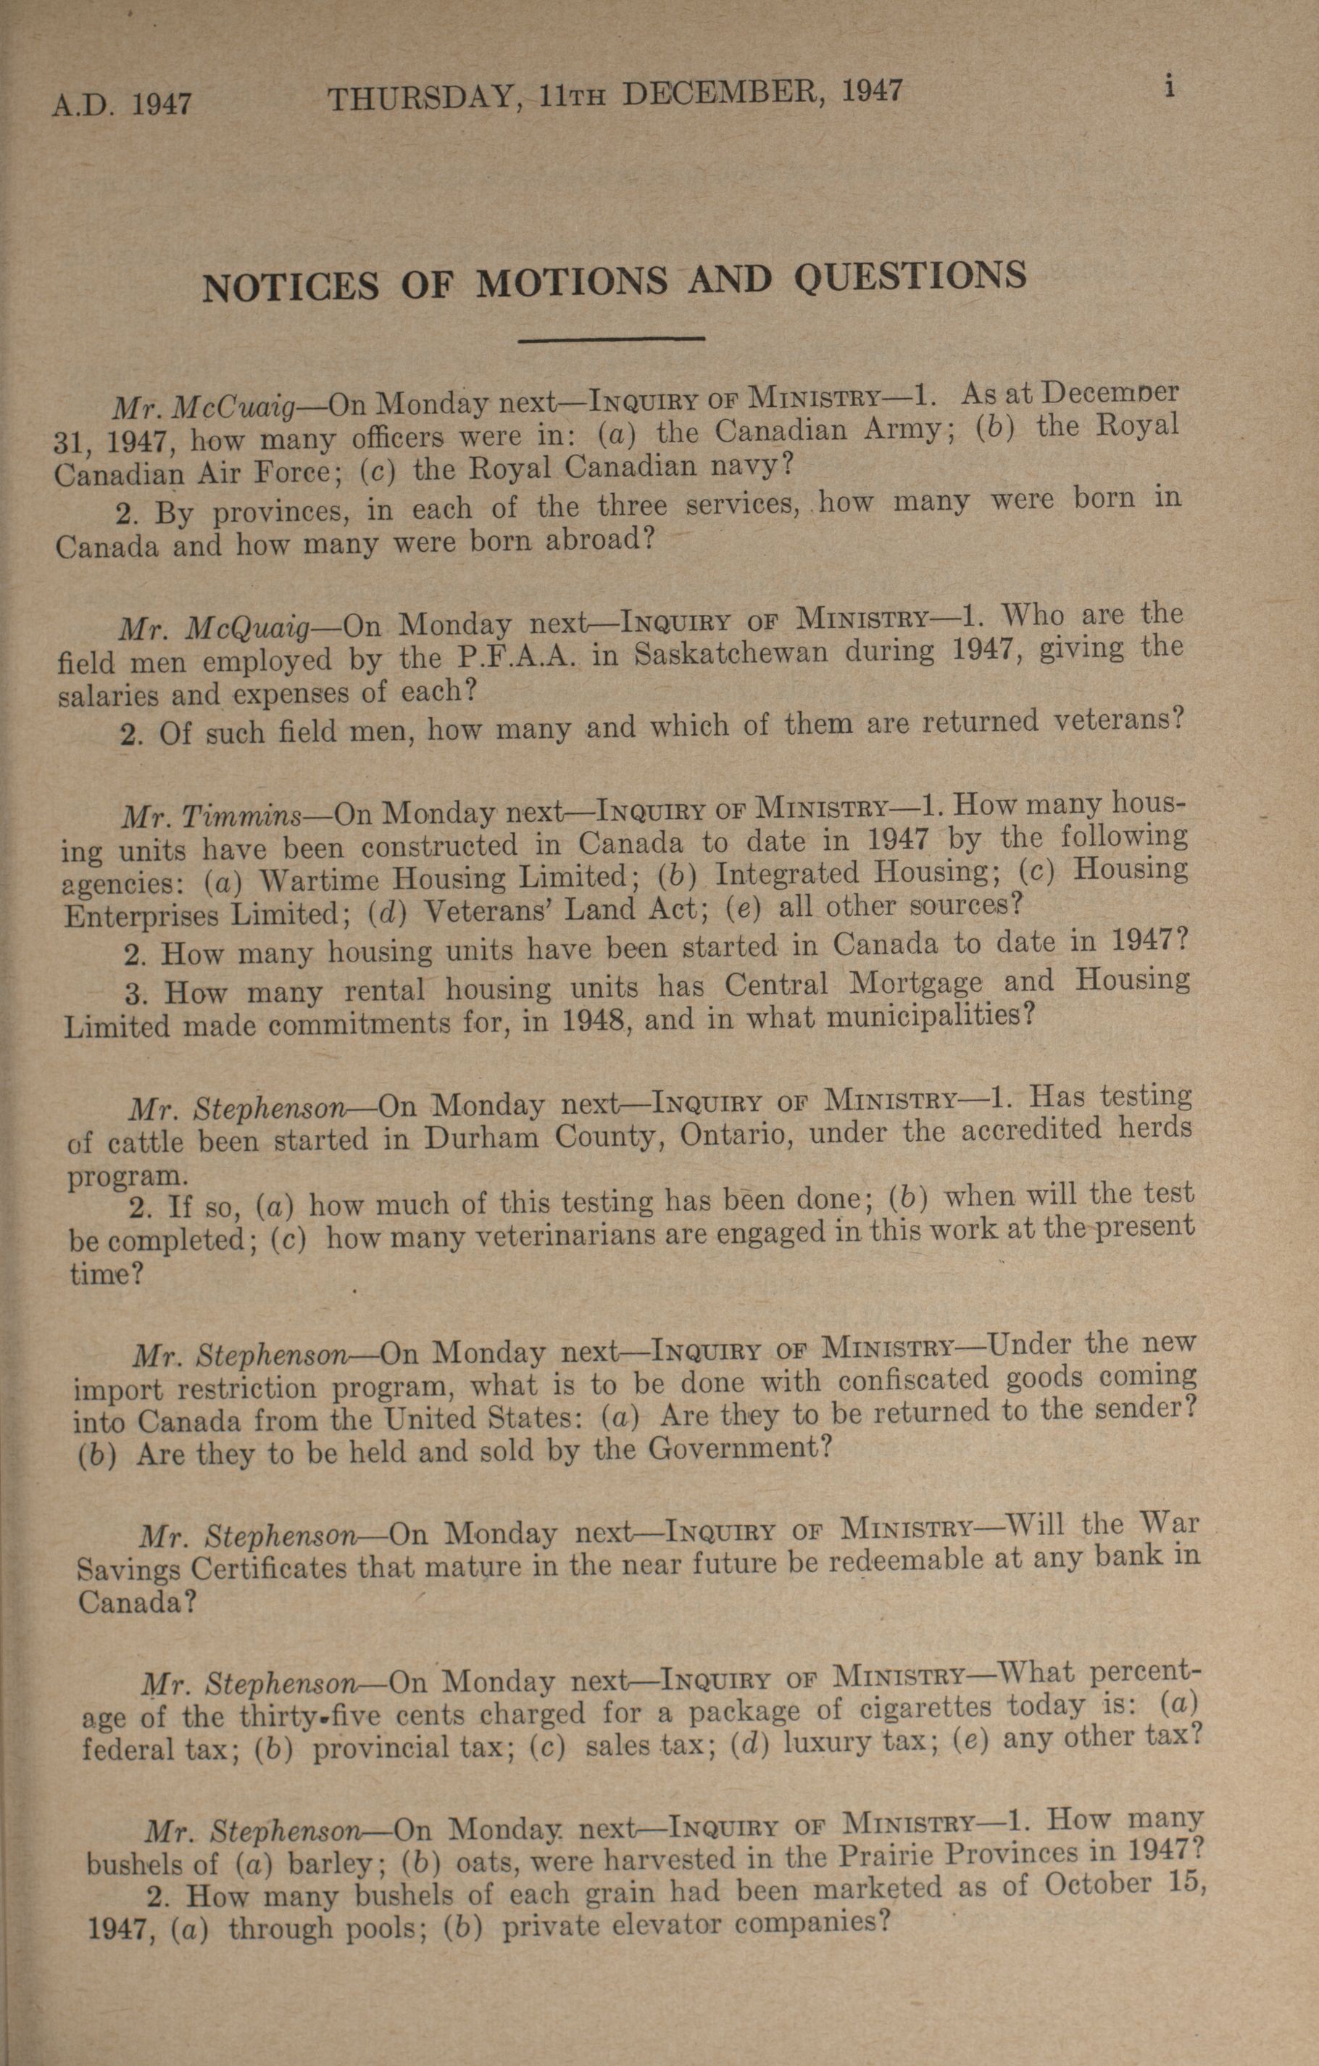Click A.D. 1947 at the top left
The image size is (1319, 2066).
121,104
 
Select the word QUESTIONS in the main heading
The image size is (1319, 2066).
910,276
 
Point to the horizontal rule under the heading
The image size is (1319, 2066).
612,340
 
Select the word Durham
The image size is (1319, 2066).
481,1138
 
